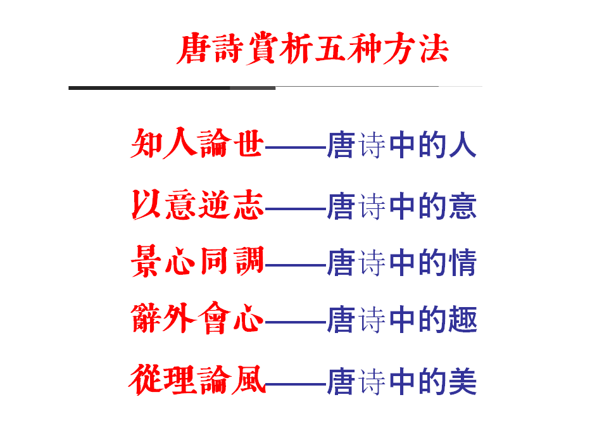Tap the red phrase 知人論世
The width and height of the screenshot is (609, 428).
point(197,144)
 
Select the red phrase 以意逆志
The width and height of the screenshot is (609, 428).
point(197,205)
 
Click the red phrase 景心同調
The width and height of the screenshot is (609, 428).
point(197,261)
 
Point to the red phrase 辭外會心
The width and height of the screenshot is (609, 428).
point(197,318)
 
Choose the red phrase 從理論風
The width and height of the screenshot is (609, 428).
point(197,379)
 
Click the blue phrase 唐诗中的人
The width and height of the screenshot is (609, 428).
point(401,145)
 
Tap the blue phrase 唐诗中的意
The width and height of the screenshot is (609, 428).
point(401,206)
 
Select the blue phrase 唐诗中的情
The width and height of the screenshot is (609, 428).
point(401,262)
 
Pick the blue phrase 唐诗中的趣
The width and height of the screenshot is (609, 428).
point(401,320)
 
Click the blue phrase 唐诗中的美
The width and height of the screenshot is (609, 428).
point(401,381)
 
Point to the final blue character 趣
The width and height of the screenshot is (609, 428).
point(463,320)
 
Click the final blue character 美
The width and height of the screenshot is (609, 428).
point(463,381)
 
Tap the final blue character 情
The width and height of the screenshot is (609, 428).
point(463,262)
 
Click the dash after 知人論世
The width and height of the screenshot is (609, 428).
point(295,148)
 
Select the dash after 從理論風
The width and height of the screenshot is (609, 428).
point(295,383)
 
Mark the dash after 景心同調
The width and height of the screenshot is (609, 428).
point(295,265)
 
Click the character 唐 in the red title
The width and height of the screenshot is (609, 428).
point(192,49)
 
